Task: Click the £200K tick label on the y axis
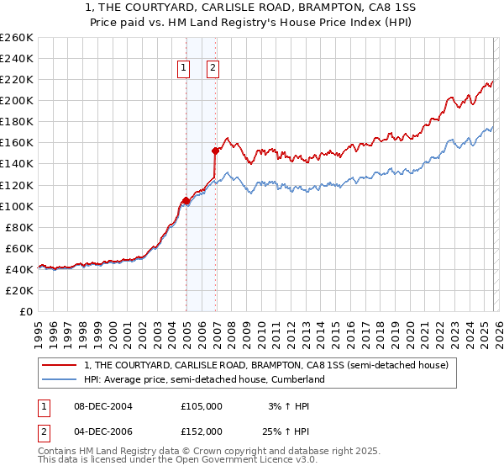17,100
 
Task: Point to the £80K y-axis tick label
19,227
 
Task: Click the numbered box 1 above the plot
184,69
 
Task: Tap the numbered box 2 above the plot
213,69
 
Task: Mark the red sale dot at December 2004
186,200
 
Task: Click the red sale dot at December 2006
215,151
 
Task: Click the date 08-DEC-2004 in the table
102,406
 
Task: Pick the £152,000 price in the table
202,431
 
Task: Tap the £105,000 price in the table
202,406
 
